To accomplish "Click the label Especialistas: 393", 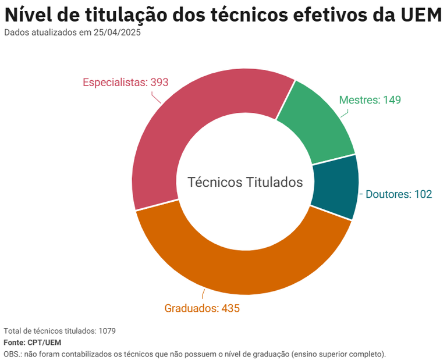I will [x=125, y=82].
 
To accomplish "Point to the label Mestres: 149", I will [x=370, y=99].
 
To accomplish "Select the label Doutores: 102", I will [x=399, y=194].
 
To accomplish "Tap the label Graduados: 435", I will [x=202, y=308].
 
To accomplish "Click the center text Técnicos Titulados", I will [x=245, y=182].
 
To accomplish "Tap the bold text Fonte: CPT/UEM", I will [x=32, y=343].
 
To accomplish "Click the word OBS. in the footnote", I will [x=12, y=354].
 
